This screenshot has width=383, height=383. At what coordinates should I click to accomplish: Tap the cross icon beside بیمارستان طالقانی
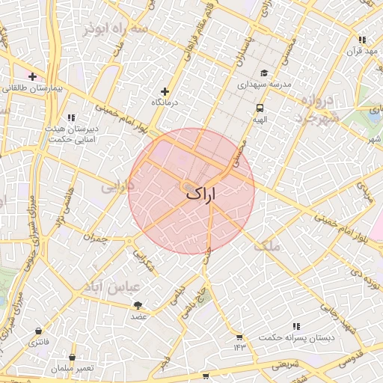[33, 76]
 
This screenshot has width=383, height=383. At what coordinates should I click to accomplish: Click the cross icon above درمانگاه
[165, 91]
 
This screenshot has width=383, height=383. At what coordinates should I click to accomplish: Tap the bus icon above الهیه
[259, 107]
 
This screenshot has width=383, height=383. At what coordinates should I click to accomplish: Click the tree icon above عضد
[138, 305]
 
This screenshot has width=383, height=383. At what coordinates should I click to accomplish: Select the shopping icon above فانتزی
[38, 331]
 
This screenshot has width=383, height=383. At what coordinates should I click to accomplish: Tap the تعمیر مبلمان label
[73, 368]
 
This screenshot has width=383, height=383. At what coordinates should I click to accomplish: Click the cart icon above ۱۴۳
[239, 337]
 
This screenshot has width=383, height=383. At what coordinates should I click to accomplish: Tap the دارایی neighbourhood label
[117, 188]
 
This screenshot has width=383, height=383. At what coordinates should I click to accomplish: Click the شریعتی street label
[284, 364]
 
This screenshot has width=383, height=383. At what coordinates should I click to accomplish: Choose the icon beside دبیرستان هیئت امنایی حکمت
[71, 117]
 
